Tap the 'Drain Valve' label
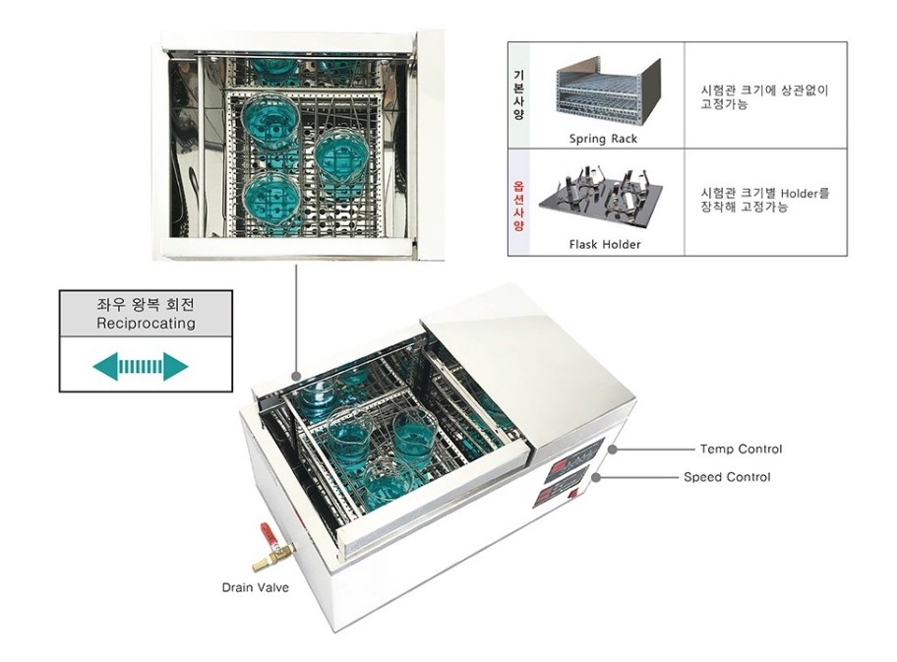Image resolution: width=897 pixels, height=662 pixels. pyautogui.click(x=253, y=589)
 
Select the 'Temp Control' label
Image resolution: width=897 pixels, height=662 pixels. pyautogui.click(x=741, y=450)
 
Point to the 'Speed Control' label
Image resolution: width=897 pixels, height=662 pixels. pyautogui.click(x=727, y=477)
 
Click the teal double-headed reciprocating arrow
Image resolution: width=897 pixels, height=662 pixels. pyautogui.click(x=140, y=367)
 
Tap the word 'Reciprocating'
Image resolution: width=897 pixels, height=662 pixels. pyautogui.click(x=146, y=323)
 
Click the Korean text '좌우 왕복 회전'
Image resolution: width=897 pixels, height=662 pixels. pyautogui.click(x=146, y=304)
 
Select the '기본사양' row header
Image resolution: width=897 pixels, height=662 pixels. pyautogui.click(x=518, y=95)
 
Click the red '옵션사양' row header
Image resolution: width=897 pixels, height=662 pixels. pyautogui.click(x=518, y=203)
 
